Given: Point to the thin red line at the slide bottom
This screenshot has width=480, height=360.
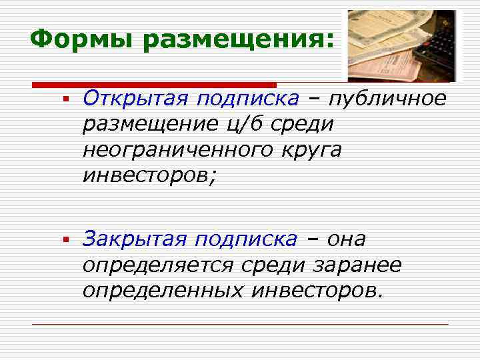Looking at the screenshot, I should (240, 324).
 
